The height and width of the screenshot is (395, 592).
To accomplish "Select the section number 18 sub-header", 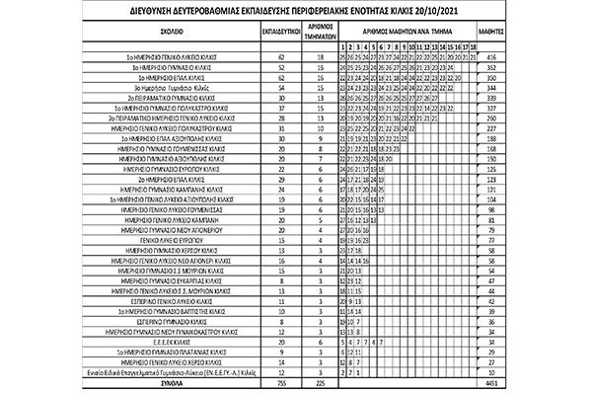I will (475, 46).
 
